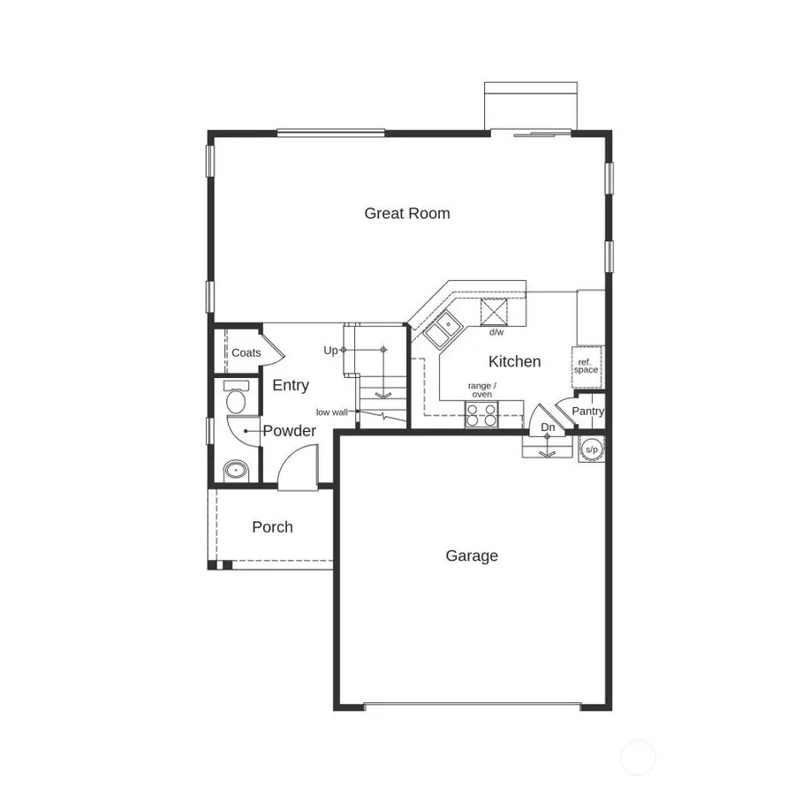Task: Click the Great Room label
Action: (407, 213)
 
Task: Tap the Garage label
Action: (472, 555)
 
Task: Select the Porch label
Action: (272, 527)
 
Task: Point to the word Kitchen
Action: (514, 361)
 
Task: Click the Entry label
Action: (291, 385)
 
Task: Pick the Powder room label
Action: (289, 431)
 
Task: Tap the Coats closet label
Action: (246, 352)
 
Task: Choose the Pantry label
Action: (587, 412)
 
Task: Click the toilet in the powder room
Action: (236, 399)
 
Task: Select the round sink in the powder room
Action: (235, 470)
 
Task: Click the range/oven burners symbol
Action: (482, 414)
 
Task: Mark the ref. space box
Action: (586, 366)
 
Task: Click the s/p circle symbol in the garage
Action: (592, 450)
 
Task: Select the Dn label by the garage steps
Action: (548, 427)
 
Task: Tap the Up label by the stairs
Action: (330, 350)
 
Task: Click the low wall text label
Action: (331, 412)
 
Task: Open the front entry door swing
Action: (298, 468)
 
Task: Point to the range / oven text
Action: (482, 389)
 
